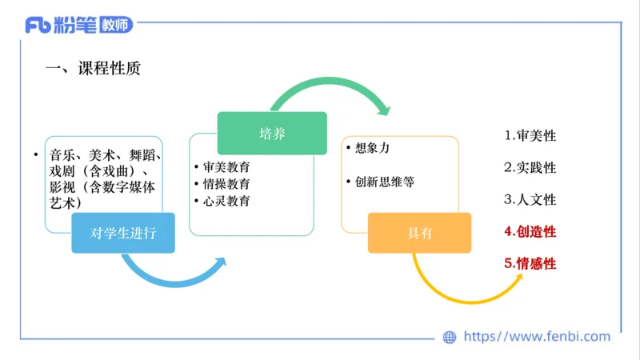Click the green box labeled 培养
click(x=272, y=133)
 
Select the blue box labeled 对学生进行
click(x=123, y=233)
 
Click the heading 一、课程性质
click(x=94, y=69)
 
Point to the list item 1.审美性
click(x=530, y=135)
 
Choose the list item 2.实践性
click(x=530, y=167)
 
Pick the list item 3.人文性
click(x=530, y=199)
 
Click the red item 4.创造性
click(x=530, y=231)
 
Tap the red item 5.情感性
click(x=530, y=263)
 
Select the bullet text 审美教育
click(x=226, y=167)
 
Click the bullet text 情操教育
click(x=226, y=184)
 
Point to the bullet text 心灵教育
click(x=226, y=201)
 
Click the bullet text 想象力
click(x=373, y=148)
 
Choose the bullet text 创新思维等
click(x=385, y=182)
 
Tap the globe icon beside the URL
click(x=450, y=338)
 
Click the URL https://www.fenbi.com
click(x=537, y=337)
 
